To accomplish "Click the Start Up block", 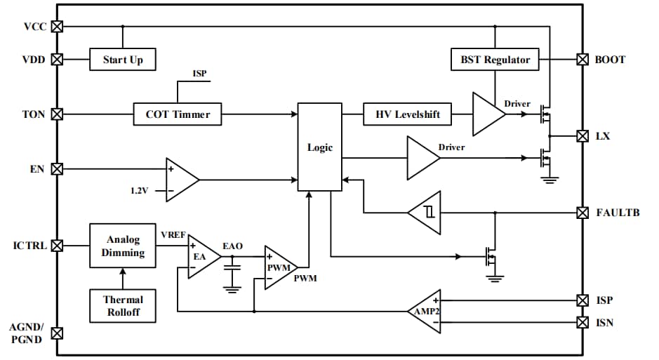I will [x=123, y=60].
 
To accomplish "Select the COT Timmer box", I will [x=177, y=114].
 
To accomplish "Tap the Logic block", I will [x=319, y=147].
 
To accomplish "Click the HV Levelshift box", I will [x=407, y=114].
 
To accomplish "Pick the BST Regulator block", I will [x=495, y=60].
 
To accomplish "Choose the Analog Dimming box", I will [x=123, y=246].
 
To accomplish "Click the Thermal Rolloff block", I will [x=123, y=305].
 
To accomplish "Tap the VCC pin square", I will [x=58, y=27].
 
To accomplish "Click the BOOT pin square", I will [x=582, y=60].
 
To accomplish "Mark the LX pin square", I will [x=582, y=135].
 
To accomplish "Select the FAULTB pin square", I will [x=582, y=212].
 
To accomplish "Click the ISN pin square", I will [x=582, y=322].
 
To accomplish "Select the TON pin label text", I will [x=34, y=114].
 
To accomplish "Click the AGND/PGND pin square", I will [x=58, y=333].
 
